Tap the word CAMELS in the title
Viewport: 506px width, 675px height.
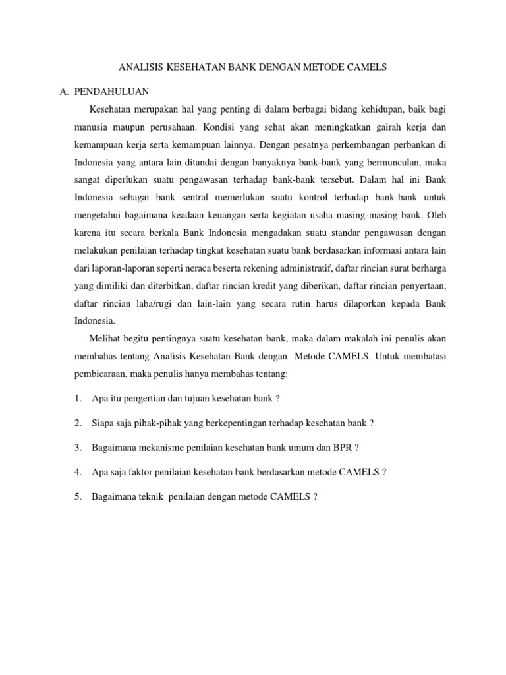pyautogui.click(x=365, y=67)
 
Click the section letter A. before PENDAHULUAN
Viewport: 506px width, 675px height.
pyautogui.click(x=64, y=91)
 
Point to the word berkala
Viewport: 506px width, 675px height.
pyautogui.click(x=166, y=232)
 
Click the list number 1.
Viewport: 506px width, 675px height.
pyautogui.click(x=78, y=399)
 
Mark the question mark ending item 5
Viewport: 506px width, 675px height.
pyautogui.click(x=315, y=496)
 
